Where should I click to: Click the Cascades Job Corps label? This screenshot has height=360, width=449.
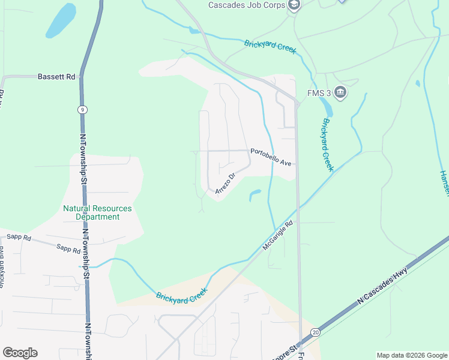tap(247, 5)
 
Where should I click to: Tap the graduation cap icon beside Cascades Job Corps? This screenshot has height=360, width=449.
tap(294, 5)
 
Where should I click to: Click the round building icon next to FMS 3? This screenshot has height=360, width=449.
tap(341, 92)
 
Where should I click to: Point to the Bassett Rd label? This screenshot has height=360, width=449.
tap(56, 77)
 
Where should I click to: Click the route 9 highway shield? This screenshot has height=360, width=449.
tap(82, 109)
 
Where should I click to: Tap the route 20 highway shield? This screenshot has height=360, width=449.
tap(316, 332)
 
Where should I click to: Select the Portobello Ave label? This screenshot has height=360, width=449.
tap(271, 157)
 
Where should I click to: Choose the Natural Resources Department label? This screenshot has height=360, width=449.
tap(97, 212)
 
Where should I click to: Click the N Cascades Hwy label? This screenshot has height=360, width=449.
tap(382, 290)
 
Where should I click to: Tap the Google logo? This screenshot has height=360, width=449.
tap(20, 353)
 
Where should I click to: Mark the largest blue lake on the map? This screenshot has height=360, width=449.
tap(61, 21)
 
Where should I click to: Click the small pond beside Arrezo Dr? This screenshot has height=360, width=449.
tap(255, 194)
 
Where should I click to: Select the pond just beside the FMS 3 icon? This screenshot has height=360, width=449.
tap(327, 107)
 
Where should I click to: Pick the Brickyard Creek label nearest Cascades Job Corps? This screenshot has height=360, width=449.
tap(270, 47)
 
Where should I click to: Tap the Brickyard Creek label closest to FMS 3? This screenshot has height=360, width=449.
tap(327, 144)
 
